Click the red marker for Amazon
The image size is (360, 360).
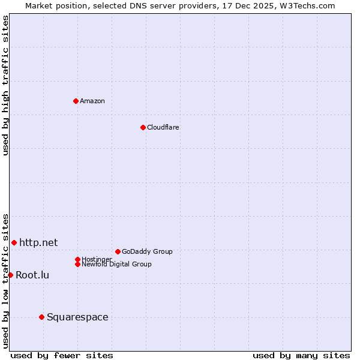76,101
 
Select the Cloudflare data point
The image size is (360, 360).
143,127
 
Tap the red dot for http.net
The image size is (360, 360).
14,242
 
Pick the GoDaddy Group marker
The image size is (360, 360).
118,251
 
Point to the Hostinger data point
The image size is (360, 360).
77,259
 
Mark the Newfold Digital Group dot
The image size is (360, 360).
77,264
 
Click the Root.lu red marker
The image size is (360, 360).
10,275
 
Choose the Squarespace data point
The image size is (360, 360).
41,317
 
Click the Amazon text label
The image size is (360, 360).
92,101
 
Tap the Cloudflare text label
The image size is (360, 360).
163,127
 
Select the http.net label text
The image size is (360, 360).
38,242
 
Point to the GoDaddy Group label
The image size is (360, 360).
147,251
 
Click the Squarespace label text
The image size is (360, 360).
77,317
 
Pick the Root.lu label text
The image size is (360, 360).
32,275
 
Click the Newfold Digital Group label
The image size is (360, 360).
117,264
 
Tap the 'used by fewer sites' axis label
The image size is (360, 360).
62,355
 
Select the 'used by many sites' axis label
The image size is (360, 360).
301,355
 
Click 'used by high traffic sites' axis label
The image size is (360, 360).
6,85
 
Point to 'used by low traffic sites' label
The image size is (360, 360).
6,280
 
